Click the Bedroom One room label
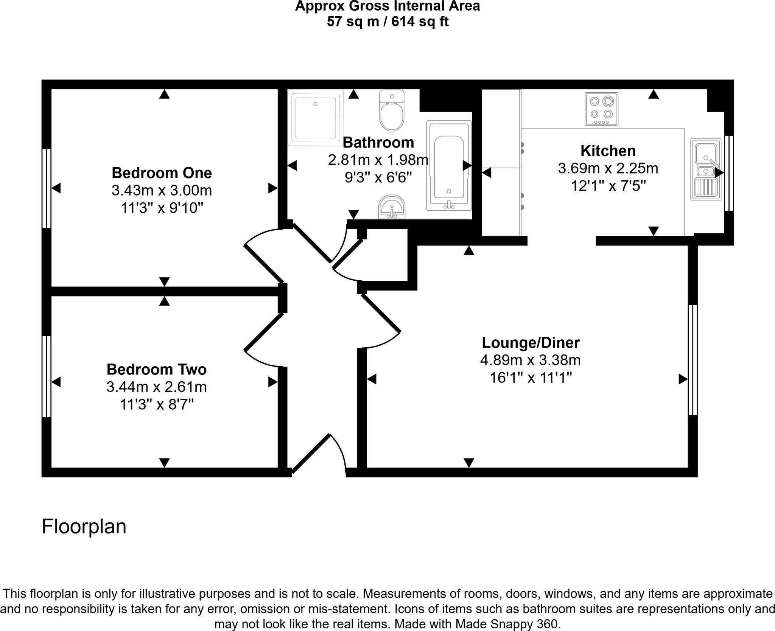[162, 173]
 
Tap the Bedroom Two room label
[156, 369]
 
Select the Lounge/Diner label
[531, 343]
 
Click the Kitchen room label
[608, 151]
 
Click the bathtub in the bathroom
[449, 166]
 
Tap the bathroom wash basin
[392, 207]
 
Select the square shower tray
[316, 117]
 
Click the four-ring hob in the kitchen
[601, 109]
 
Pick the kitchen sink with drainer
[706, 169]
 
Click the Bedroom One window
[47, 188]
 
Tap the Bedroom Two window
[47, 376]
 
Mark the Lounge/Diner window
[693, 360]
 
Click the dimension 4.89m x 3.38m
[530, 360]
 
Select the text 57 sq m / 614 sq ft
[387, 22]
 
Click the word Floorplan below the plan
[84, 526]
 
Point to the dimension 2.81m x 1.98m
[378, 160]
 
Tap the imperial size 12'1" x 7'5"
[608, 186]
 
